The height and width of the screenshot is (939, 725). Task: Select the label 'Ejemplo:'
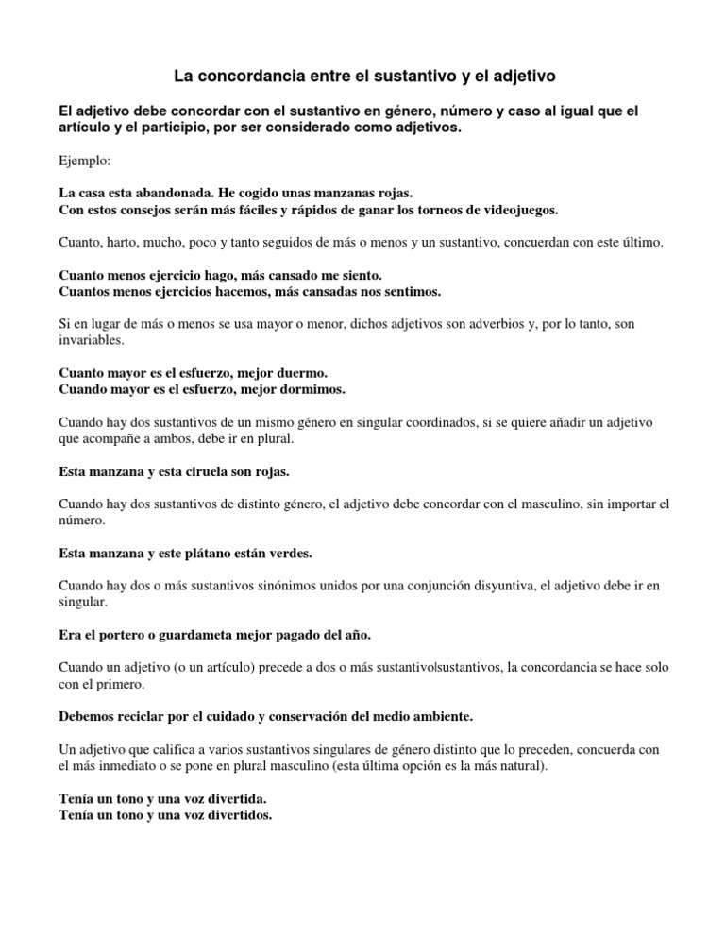pos(84,162)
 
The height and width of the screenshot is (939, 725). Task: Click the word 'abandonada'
pos(190,191)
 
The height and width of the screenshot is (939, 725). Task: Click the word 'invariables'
pos(91,340)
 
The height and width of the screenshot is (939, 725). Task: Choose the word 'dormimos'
pos(312,389)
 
